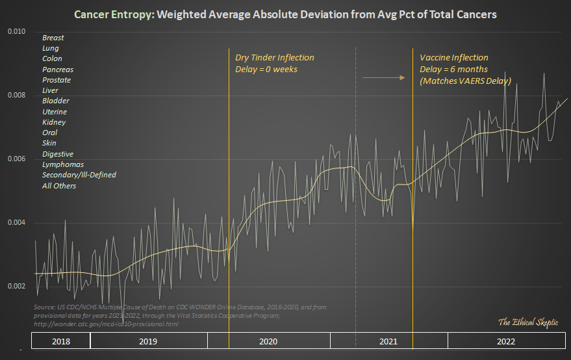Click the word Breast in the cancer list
tap(53, 38)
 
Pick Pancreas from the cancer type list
tap(58, 70)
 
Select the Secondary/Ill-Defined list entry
tap(79, 175)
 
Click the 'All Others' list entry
tap(59, 186)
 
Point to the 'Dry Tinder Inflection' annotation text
tap(274, 58)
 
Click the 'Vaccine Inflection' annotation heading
tap(454, 58)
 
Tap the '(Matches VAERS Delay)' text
tap(465, 81)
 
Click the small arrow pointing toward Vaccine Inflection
tap(383, 78)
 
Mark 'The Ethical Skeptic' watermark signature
tap(527, 322)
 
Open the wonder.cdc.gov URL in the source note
tap(105, 324)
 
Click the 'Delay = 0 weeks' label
tap(266, 69)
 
